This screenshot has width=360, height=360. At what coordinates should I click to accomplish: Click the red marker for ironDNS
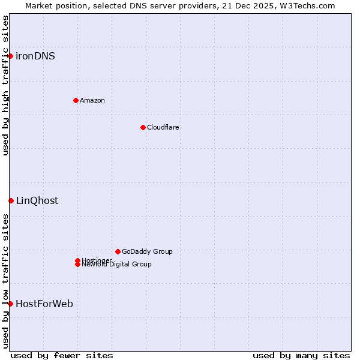tap(10, 56)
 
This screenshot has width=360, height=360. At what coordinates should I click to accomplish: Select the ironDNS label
tap(35, 56)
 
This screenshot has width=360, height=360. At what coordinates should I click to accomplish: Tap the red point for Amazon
tap(76, 100)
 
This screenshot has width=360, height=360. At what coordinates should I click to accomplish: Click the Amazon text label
tap(92, 101)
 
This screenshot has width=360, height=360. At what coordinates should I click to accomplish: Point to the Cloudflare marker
tap(143, 127)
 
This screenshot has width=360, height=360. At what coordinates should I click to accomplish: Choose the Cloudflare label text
tap(163, 128)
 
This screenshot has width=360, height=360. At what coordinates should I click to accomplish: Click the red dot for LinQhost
tap(11, 200)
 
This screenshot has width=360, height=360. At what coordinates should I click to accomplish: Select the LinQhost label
tap(37, 201)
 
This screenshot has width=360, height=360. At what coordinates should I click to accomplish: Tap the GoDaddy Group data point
tap(118, 251)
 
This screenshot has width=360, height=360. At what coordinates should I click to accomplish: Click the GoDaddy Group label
tap(147, 252)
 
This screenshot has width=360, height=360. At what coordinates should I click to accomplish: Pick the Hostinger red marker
tap(77, 260)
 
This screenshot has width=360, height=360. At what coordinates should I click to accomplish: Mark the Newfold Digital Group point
tap(77, 265)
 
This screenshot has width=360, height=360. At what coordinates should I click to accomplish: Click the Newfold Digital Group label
tap(117, 265)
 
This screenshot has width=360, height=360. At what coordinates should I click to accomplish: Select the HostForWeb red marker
tap(10, 304)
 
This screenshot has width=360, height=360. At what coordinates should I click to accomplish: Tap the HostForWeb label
tap(44, 304)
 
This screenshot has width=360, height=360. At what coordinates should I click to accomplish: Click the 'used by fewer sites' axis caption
tap(62, 356)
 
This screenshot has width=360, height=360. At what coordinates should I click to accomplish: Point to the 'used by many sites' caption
tap(301, 356)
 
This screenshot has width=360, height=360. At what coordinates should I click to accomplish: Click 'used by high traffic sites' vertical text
tap(5, 85)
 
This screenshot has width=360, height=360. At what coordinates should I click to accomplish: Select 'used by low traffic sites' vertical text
tap(5, 281)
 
